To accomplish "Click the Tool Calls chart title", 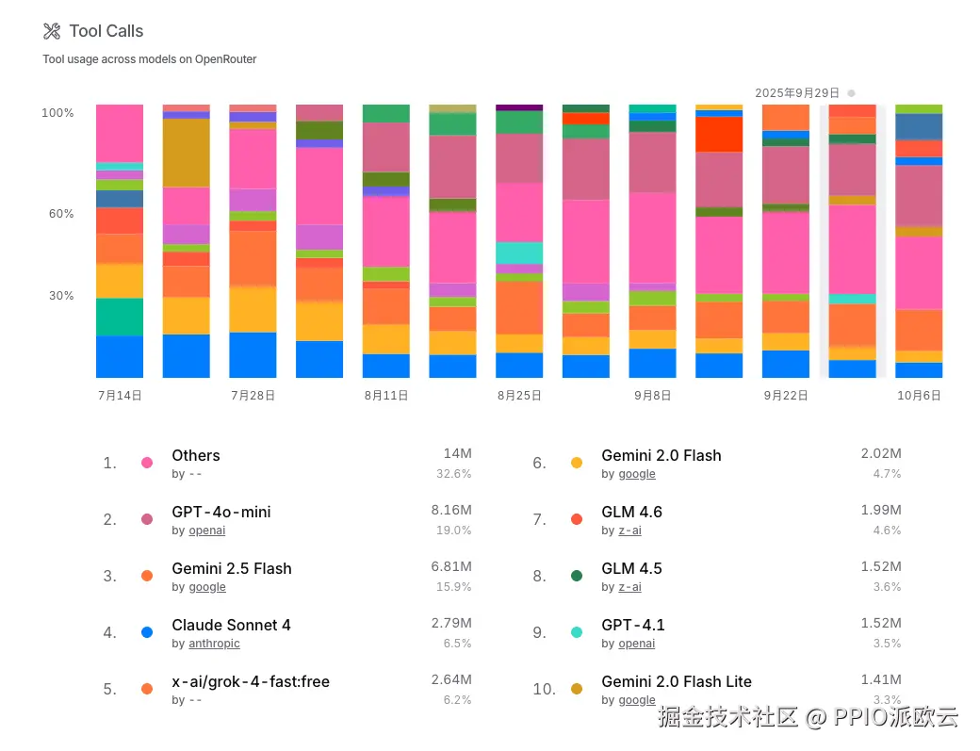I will click(106, 31).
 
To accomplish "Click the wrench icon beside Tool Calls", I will click(52, 31).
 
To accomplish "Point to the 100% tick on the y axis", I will click(57, 113).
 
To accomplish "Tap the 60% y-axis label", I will click(60, 214).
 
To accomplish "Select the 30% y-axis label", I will click(60, 296).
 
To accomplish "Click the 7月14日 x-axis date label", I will click(120, 396).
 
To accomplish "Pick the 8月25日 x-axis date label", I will click(519, 396).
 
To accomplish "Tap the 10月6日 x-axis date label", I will click(919, 396).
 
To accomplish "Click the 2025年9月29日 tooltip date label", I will click(797, 92).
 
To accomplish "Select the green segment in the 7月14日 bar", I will click(120, 317).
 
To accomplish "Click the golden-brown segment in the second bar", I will click(187, 153).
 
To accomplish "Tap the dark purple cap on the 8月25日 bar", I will click(519, 107).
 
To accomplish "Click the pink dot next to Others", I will click(147, 463).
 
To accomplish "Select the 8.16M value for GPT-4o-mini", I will click(451, 510).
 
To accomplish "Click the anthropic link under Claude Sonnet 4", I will click(214, 644).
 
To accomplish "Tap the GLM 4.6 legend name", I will click(631, 512).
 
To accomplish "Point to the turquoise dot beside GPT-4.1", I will click(577, 632).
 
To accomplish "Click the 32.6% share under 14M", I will click(454, 474).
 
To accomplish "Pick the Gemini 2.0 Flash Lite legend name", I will click(677, 681).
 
